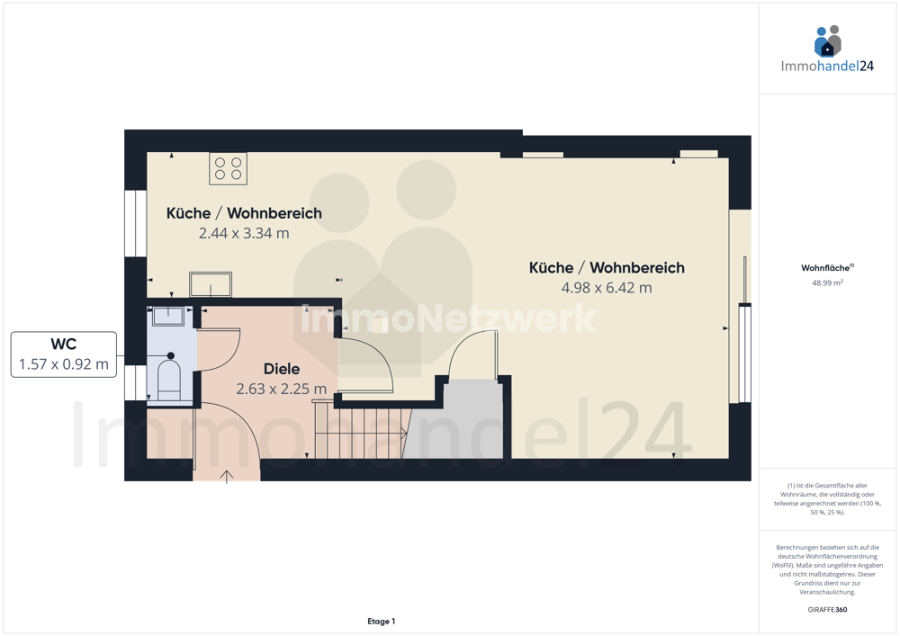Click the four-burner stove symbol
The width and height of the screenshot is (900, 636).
pyautogui.click(x=228, y=168)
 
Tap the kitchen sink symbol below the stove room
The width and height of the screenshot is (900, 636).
pyautogui.click(x=211, y=284)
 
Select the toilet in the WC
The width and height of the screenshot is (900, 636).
pyautogui.click(x=169, y=376)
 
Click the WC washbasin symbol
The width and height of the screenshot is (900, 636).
pyautogui.click(x=168, y=316)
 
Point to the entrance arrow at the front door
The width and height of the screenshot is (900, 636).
pyautogui.click(x=226, y=477)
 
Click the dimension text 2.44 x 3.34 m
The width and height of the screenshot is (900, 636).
pyautogui.click(x=244, y=233)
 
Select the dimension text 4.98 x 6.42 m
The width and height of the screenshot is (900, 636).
pyautogui.click(x=607, y=288)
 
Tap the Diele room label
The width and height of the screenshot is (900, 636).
pyautogui.click(x=281, y=369)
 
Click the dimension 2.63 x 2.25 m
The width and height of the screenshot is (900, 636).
pyautogui.click(x=281, y=389)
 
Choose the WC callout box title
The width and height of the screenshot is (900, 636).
pyautogui.click(x=64, y=345)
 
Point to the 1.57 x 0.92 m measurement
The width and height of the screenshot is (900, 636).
pyautogui.click(x=64, y=364)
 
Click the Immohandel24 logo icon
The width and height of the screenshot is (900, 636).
pyautogui.click(x=828, y=41)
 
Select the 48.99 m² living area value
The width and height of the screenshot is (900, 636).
pyautogui.click(x=827, y=282)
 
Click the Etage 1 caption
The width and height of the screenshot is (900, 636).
pyautogui.click(x=381, y=621)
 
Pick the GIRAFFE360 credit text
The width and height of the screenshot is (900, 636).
pyautogui.click(x=827, y=610)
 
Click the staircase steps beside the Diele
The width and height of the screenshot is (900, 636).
pyautogui.click(x=361, y=433)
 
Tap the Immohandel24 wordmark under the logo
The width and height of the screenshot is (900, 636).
pyautogui.click(x=827, y=66)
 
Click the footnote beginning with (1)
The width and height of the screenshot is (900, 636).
pyautogui.click(x=827, y=499)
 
